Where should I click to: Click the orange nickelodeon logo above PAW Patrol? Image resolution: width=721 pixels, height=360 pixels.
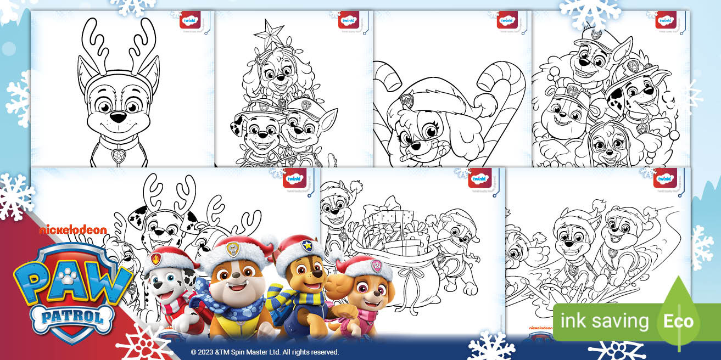pos(72,230)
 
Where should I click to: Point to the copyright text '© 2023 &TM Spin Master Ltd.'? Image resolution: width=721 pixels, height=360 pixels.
pos(265,352)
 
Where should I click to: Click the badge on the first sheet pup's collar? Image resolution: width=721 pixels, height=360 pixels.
pos(118,156)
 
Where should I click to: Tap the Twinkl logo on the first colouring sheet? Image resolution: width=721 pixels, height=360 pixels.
pos(188,21)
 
